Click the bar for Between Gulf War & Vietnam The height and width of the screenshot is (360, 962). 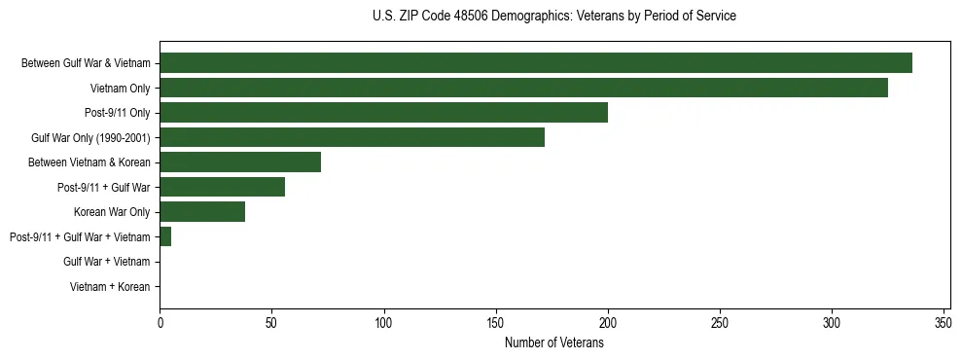(x=535, y=63)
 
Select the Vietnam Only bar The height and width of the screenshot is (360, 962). (x=529, y=88)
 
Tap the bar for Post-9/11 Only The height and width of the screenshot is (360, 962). (x=383, y=113)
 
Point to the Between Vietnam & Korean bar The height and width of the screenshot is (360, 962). (x=240, y=162)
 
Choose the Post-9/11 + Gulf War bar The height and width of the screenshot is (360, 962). (x=222, y=187)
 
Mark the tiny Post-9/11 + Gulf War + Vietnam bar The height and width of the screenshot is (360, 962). (x=165, y=236)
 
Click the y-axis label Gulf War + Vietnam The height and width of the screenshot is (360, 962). (x=106, y=262)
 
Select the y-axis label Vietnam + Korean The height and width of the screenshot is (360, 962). (x=110, y=286)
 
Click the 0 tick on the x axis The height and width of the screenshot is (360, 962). (x=160, y=322)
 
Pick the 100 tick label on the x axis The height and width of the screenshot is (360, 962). (x=384, y=322)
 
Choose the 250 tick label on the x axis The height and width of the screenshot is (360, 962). (x=720, y=322)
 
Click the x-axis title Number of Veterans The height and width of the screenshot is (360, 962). (x=554, y=342)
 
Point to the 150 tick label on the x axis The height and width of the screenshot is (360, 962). (x=496, y=322)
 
